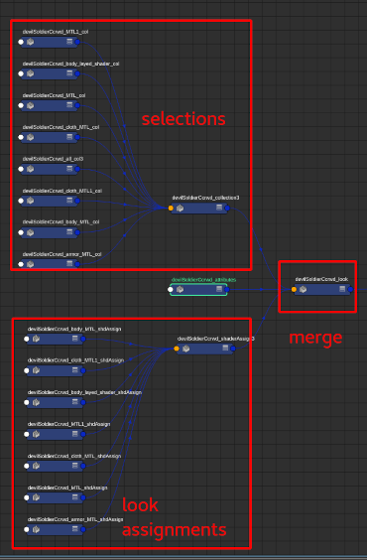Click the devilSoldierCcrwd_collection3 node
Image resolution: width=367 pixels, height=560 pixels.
pos(203,209)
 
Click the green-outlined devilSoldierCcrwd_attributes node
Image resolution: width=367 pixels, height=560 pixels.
pos(203,291)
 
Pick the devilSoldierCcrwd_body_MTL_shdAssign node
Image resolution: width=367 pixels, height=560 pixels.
pos(56,339)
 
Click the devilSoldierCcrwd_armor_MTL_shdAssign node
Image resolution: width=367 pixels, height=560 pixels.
pos(56,530)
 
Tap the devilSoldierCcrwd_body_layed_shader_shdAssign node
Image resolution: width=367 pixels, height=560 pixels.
pos(56,402)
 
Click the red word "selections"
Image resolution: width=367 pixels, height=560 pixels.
pos(183,119)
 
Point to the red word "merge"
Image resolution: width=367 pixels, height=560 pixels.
pos(315,338)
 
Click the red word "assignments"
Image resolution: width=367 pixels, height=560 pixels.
pos(174,529)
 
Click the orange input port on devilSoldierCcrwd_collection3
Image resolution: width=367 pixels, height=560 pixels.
pos(171,209)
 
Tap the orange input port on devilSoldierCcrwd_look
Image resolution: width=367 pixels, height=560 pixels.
pos(294,290)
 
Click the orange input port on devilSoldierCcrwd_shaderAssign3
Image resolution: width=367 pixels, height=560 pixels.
pos(177,349)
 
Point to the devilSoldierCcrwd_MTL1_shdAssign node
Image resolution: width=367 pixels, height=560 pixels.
pos(56,434)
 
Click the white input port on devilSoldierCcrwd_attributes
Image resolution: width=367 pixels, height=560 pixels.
pos(172,291)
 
